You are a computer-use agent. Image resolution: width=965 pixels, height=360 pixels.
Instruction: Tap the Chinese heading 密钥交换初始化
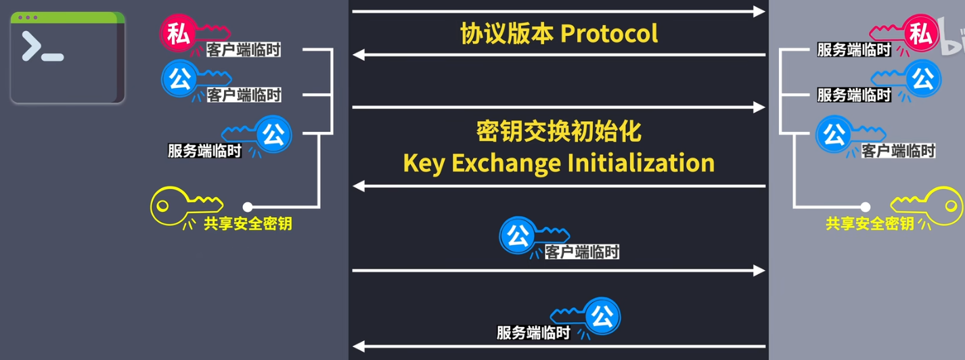(x=558, y=131)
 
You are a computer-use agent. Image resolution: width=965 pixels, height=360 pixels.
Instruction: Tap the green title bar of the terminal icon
(x=68, y=17)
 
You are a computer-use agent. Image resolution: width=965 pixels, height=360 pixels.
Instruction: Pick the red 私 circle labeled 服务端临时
(x=919, y=34)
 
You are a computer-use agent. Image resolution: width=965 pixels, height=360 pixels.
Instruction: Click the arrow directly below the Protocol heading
(x=559, y=55)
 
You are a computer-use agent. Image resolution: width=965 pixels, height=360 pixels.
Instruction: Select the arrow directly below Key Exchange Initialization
(x=559, y=185)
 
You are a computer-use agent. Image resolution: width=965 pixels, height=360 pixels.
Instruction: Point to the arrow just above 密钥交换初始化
(x=559, y=107)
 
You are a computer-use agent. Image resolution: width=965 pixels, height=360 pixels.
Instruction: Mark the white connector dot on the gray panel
(x=864, y=206)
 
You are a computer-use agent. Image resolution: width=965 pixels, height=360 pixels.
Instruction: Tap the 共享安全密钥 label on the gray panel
(x=869, y=223)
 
